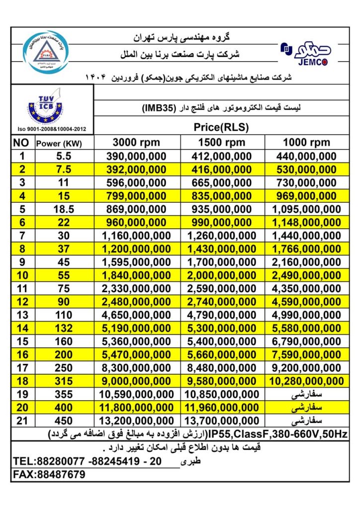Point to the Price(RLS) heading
click(221, 127)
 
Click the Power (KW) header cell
click(58, 144)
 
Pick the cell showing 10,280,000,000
click(306, 381)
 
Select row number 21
click(21, 420)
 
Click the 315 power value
click(64, 381)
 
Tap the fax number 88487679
click(59, 475)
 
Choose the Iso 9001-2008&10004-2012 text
click(51, 129)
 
